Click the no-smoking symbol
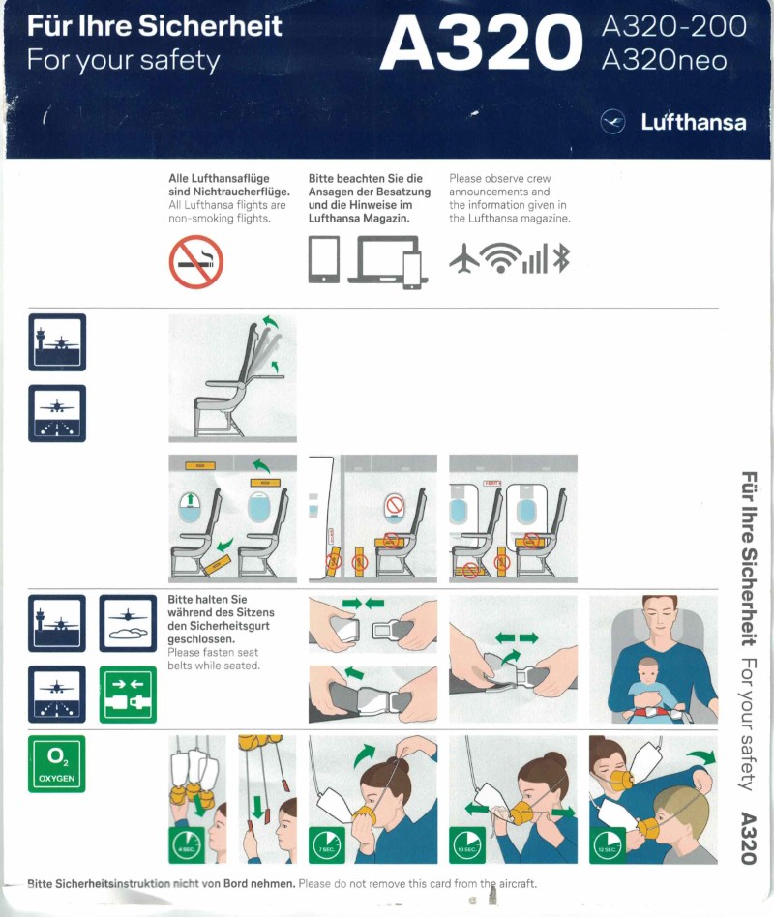(x=196, y=262)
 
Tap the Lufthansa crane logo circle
(x=612, y=122)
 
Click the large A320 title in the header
(x=481, y=43)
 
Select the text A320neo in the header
(x=664, y=60)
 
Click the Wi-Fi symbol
(x=501, y=257)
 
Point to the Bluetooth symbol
(x=561, y=258)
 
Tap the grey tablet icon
(x=324, y=259)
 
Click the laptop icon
(x=383, y=259)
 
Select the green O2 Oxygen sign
(x=57, y=764)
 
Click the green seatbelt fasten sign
(x=128, y=695)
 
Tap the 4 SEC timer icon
(x=186, y=845)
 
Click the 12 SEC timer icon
(x=608, y=845)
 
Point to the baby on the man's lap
(x=647, y=684)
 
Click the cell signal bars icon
(x=536, y=258)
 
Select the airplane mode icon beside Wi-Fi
(x=464, y=258)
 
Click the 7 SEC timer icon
(x=326, y=845)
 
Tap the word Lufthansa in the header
(x=694, y=122)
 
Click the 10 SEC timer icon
(x=467, y=845)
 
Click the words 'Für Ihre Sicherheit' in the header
(x=155, y=26)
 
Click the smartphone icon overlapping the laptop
(x=412, y=270)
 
